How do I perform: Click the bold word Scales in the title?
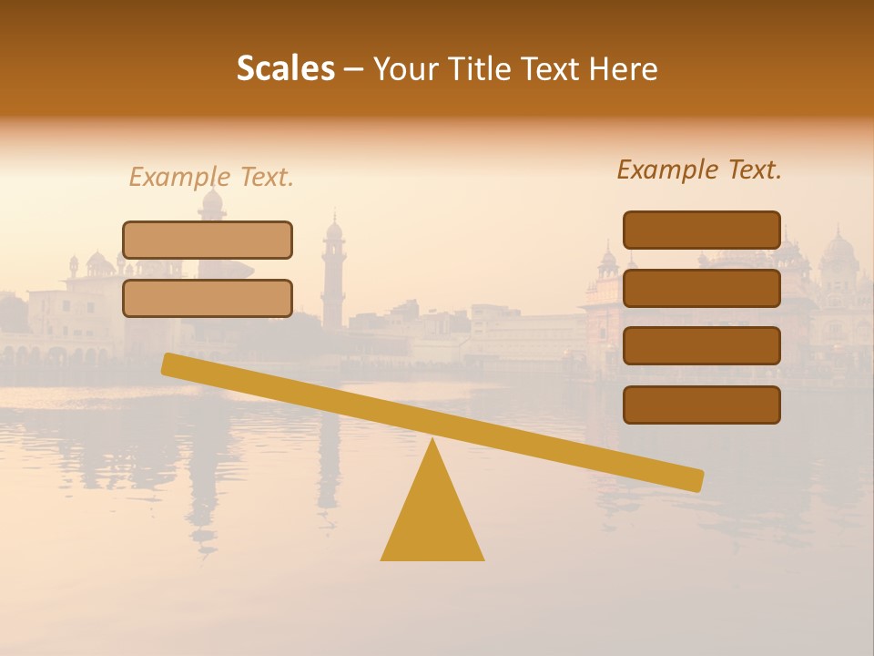tap(286, 68)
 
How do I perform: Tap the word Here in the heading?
tap(624, 68)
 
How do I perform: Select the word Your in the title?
tap(406, 68)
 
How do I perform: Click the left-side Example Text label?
tap(211, 177)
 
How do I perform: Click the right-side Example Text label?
tap(699, 169)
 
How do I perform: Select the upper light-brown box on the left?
tap(208, 240)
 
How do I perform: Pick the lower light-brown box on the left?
tap(208, 298)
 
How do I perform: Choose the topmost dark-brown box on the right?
tap(701, 230)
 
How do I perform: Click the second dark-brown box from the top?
tap(701, 288)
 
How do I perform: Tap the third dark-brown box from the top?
tap(701, 346)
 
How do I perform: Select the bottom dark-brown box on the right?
tap(701, 405)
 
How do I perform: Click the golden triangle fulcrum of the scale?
tap(432, 519)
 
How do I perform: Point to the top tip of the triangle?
tap(432, 441)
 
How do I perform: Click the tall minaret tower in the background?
tap(334, 273)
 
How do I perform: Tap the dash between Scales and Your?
tap(354, 69)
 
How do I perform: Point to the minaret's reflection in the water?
tap(330, 465)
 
